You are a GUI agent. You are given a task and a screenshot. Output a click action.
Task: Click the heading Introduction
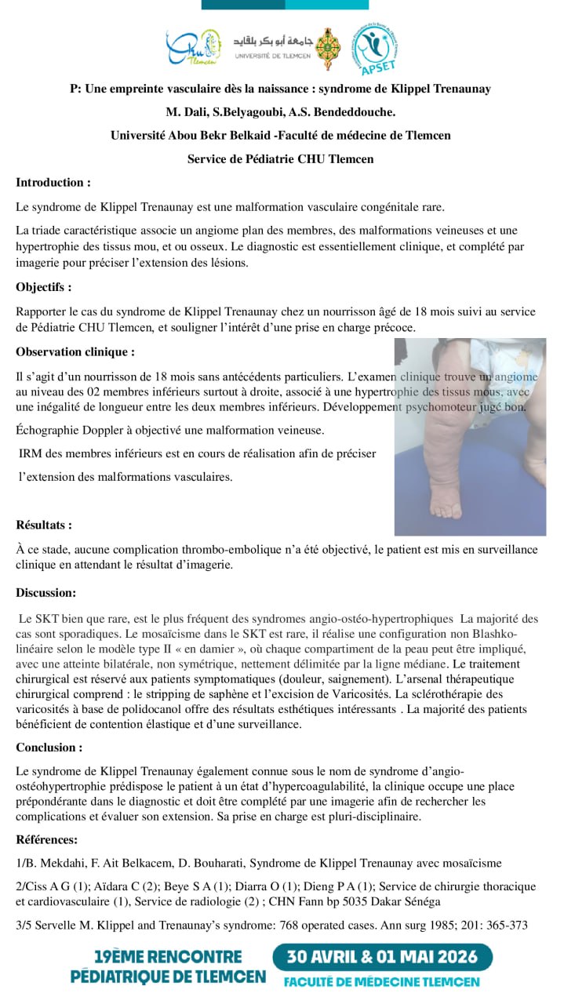(x=53, y=183)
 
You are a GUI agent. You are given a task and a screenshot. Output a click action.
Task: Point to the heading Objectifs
(x=44, y=287)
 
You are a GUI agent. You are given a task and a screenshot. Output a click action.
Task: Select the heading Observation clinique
(x=75, y=352)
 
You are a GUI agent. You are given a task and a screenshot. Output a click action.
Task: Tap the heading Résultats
(x=44, y=526)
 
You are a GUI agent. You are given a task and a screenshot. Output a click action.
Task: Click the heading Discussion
(x=46, y=593)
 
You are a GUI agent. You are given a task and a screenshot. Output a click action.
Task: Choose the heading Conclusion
(x=49, y=748)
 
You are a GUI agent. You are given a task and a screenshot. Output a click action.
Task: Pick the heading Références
(x=47, y=840)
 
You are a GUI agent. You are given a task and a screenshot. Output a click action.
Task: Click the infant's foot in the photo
(x=445, y=509)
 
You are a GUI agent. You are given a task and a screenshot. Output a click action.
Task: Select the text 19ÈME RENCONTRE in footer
(x=168, y=958)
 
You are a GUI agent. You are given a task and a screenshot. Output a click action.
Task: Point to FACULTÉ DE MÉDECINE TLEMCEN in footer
(x=381, y=982)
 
